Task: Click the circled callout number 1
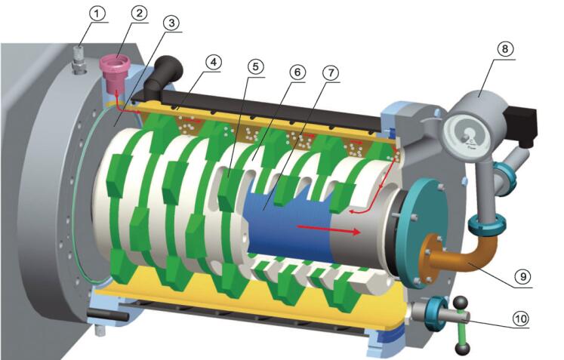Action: [x=97, y=14]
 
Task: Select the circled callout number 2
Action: [x=138, y=14]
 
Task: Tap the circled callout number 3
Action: [x=171, y=23]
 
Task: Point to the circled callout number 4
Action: [x=214, y=62]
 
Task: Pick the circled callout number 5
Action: [x=255, y=67]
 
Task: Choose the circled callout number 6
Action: [x=297, y=72]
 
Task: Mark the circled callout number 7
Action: [x=331, y=73]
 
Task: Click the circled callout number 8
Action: [x=504, y=49]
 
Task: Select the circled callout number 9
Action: [x=522, y=276]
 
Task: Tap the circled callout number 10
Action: [x=520, y=318]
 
